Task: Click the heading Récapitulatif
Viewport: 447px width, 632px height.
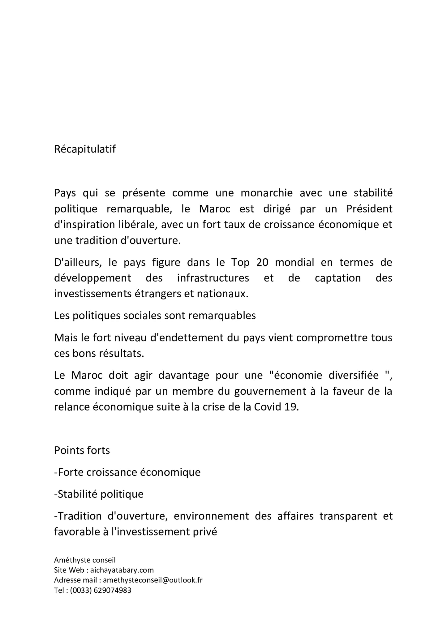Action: click(85, 149)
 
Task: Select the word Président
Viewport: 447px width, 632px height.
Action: click(369, 209)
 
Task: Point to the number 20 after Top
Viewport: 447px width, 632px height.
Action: click(262, 262)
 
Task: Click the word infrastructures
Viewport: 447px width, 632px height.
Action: click(213, 278)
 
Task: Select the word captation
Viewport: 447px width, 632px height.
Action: click(338, 278)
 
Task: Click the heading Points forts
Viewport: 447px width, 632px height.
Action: click(82, 450)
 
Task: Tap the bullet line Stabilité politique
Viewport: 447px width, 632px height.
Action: click(99, 494)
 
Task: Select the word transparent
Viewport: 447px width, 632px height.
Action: click(346, 516)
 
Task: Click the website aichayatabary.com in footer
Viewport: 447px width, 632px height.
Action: click(122, 570)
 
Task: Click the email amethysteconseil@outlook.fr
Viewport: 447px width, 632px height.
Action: click(153, 580)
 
